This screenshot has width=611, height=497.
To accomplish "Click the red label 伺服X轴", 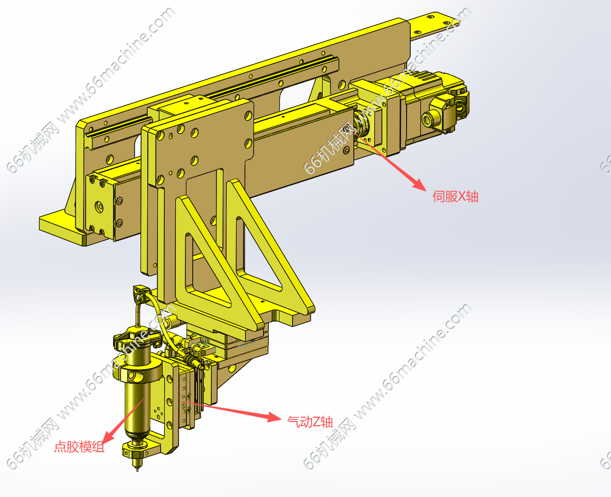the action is pos(455,196).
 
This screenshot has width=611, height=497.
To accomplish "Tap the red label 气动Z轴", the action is pos(310,421).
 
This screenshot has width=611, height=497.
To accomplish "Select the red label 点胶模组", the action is pos(79,447).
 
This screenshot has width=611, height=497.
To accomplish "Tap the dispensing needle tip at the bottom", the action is pos(137,469).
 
